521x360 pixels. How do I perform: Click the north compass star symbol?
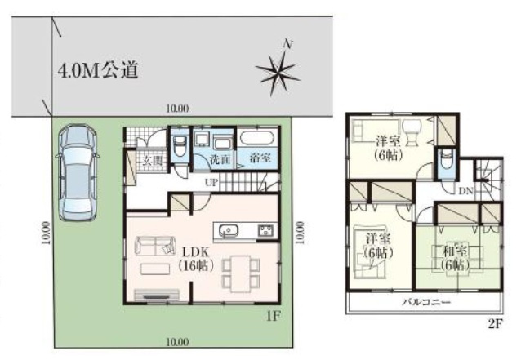pos(277,73)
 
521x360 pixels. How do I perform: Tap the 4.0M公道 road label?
pos(98,70)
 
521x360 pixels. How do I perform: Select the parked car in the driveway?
pos(78,172)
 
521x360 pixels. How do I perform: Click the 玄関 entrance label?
pos(153,161)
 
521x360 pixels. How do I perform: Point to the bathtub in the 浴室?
pos(257,138)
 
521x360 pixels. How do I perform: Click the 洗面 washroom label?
pos(220,159)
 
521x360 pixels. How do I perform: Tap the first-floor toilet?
pos(180,146)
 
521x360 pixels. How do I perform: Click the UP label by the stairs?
pos(212,182)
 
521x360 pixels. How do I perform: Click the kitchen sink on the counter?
pos(228,230)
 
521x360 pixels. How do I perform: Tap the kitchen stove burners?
pos(266,230)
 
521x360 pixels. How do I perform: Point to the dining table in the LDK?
pos(241,273)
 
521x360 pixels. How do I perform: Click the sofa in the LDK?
pos(155,246)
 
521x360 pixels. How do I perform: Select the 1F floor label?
pos(274,317)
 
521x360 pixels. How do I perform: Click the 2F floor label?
pos(495,323)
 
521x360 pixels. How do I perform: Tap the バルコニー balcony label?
pos(426,302)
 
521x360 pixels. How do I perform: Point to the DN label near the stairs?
pos(465,191)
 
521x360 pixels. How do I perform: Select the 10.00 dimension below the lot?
pos(177,342)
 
